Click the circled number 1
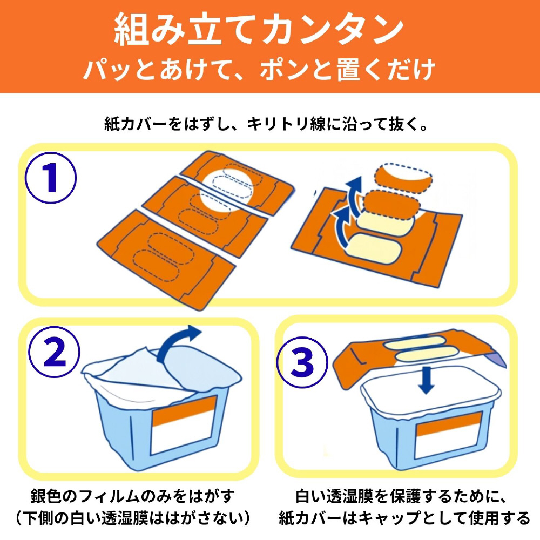click(x=51, y=178)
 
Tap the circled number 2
click(x=55, y=352)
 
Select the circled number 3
click(x=302, y=362)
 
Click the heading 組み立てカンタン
click(x=259, y=29)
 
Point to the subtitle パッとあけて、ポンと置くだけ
click(x=259, y=70)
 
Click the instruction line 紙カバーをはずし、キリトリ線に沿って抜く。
click(x=266, y=124)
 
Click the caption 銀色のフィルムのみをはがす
click(x=133, y=496)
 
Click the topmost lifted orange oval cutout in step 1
click(x=403, y=178)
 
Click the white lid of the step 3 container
click(x=430, y=391)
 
